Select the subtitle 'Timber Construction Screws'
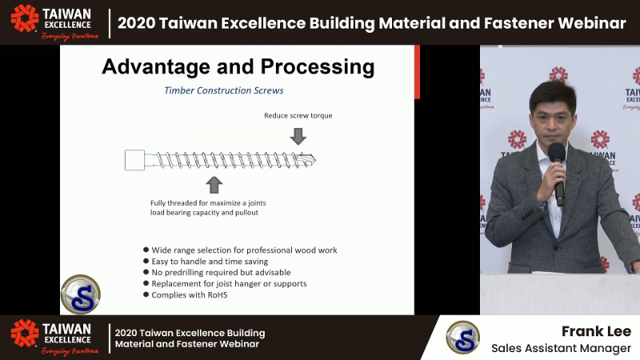coord(224,90)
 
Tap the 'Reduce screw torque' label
coord(298,115)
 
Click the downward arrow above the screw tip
coord(298,136)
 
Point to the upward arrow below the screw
coord(214,185)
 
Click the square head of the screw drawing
coord(134,160)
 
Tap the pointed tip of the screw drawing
coord(313,158)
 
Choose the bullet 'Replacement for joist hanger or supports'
coord(229,284)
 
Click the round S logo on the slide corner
coord(80,294)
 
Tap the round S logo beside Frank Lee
coord(462,337)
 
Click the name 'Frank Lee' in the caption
coord(596,331)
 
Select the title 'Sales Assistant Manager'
coord(561,348)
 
